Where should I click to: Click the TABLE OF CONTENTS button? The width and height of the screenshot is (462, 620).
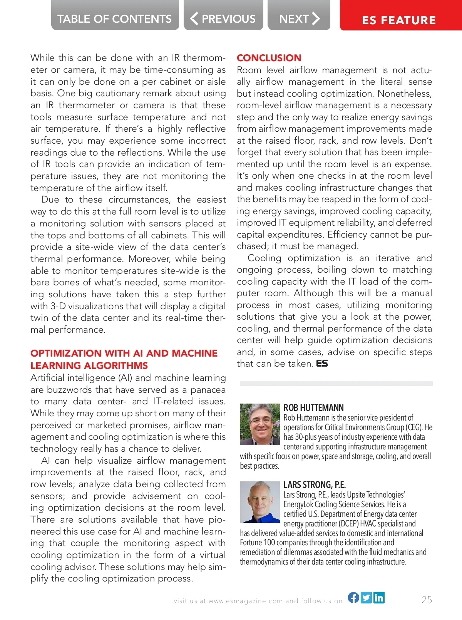(115, 18)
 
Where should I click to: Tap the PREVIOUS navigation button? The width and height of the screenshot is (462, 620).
(223, 18)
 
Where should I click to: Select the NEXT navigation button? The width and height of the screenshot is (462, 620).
(299, 18)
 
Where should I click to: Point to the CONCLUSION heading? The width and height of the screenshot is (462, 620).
(269, 58)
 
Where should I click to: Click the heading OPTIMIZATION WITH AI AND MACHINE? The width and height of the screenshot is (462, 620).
(124, 353)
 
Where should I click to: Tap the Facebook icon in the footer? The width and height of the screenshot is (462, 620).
(353, 598)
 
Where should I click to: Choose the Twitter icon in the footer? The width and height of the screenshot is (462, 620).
(366, 598)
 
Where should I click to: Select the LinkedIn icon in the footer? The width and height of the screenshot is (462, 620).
(379, 598)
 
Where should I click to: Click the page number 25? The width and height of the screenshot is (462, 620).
(427, 600)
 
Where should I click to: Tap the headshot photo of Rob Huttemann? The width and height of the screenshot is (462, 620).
(260, 424)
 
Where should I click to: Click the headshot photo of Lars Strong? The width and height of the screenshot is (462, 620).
(260, 501)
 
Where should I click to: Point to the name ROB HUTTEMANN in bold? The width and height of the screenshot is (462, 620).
(313, 408)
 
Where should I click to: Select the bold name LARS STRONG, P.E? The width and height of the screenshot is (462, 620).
(315, 485)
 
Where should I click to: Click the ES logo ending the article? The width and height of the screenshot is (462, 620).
(322, 364)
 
